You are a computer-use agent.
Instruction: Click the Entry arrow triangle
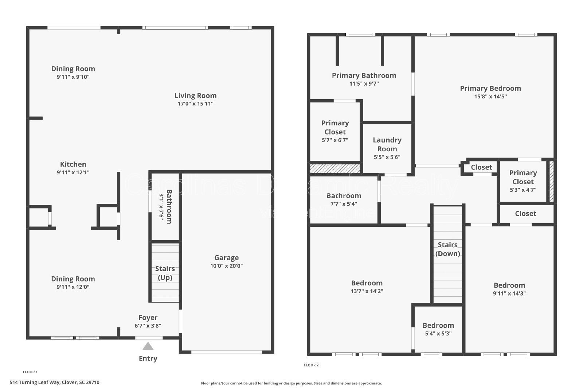click(148, 346)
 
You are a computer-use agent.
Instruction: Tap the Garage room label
click(226, 258)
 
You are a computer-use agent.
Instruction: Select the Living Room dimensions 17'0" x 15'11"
click(195, 104)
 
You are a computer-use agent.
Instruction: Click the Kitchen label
click(73, 164)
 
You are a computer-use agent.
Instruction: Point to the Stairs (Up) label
click(165, 273)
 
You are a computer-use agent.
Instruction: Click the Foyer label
click(148, 318)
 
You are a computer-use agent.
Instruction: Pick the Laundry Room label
click(387, 144)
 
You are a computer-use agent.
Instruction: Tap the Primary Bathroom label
click(364, 75)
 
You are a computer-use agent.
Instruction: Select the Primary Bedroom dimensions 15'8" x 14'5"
click(490, 97)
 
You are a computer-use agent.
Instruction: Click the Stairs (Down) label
click(447, 249)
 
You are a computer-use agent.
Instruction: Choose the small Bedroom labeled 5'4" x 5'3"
click(438, 329)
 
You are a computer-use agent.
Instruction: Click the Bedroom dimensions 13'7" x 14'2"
click(367, 291)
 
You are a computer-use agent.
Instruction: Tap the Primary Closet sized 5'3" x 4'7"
click(523, 181)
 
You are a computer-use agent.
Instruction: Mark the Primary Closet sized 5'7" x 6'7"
click(335, 131)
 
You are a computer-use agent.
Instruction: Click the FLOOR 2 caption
click(311, 365)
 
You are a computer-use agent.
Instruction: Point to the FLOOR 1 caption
click(30, 372)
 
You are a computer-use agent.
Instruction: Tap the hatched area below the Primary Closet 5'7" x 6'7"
click(334, 168)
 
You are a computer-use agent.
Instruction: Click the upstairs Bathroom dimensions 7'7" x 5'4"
click(343, 204)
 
